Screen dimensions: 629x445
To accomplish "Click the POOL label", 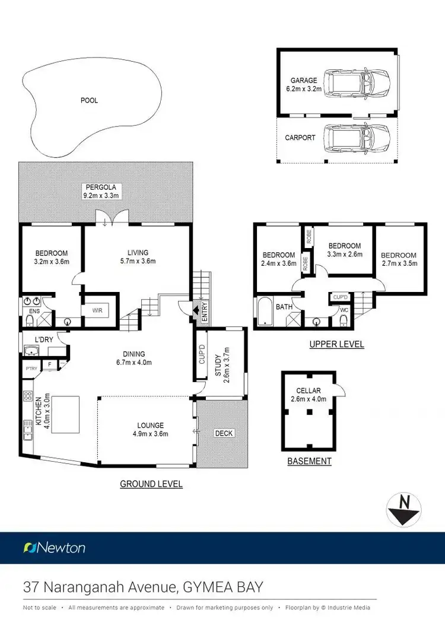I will [89, 100].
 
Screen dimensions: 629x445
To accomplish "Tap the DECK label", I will [224, 433].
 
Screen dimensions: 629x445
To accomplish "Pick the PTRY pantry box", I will [30, 368].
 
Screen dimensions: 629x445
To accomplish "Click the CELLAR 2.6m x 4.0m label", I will [308, 394].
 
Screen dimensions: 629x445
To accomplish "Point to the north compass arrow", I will [405, 510].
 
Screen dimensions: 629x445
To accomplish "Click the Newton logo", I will [54, 548].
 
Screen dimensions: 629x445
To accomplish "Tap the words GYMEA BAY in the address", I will [224, 588].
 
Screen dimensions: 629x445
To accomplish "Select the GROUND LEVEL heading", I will [151, 484].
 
